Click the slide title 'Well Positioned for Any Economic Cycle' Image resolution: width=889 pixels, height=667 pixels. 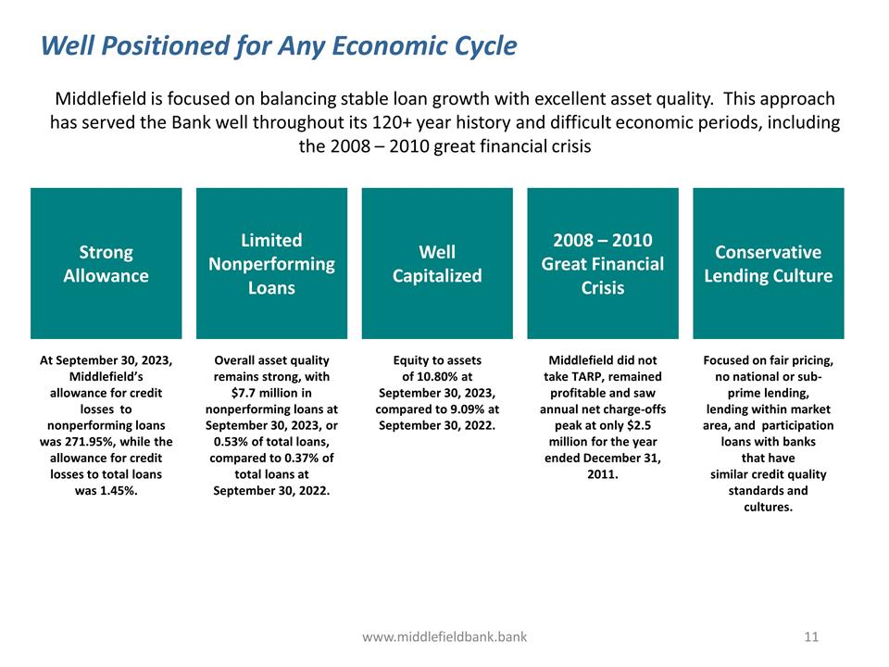coord(279,45)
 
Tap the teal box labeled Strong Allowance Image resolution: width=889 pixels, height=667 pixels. coord(106,263)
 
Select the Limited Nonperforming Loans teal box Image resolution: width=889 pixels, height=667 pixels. coord(271,263)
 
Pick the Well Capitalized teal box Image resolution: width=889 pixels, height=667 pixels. coord(437,263)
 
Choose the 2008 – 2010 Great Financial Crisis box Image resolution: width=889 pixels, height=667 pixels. coord(603,263)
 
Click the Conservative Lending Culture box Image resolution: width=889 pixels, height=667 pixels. coord(768,263)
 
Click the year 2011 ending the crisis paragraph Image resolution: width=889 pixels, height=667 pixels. coord(602,474)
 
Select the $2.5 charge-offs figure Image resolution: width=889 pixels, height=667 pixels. coord(646,425)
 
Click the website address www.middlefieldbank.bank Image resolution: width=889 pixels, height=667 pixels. coord(444,636)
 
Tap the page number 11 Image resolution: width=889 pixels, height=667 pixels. coord(811,636)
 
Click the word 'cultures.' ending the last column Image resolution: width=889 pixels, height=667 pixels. coord(768,507)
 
